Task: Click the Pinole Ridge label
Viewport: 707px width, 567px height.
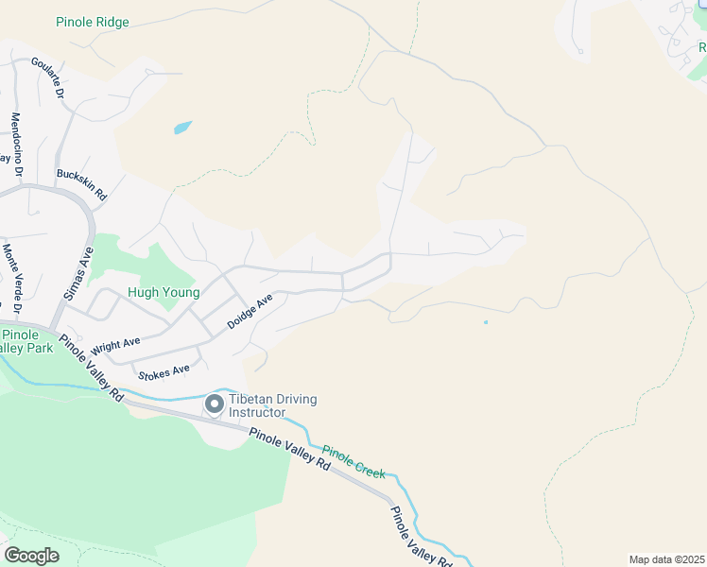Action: (93, 22)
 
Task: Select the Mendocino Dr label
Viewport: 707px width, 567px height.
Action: (16, 144)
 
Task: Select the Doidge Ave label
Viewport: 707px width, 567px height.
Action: (250, 311)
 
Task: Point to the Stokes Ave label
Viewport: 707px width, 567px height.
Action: (164, 371)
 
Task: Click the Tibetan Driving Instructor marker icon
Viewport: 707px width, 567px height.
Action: (214, 405)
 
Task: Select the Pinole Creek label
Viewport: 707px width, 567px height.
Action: (353, 461)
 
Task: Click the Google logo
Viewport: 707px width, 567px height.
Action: (31, 556)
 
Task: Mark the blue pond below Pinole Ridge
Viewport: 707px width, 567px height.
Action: (182, 127)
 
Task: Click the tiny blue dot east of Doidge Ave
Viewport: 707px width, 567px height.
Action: (486, 322)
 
